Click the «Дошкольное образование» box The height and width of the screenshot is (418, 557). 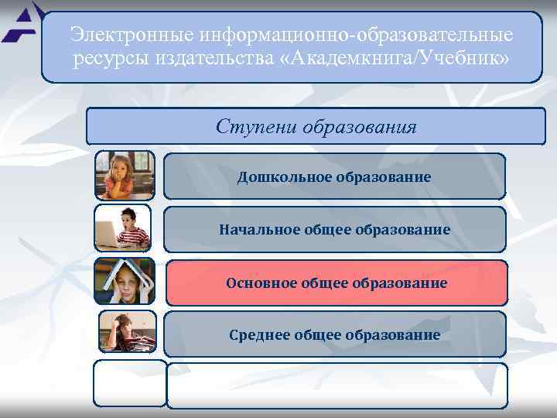pos(334,177)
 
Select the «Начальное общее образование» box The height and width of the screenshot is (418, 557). pos(334,230)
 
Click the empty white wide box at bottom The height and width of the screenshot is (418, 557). pos(337,385)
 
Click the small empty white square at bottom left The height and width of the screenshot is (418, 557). pos(130,383)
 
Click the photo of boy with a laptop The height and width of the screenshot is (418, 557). pos(123,228)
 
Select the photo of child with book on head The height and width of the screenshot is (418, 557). pos(124,281)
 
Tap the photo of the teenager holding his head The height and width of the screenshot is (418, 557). pos(127,331)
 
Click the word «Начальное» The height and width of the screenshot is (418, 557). pos(254,230)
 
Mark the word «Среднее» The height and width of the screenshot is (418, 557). pos(258,334)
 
